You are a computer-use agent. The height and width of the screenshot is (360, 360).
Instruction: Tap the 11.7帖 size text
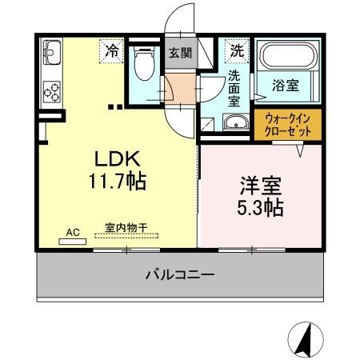[117, 182]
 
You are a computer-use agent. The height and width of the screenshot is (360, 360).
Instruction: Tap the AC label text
[73, 232]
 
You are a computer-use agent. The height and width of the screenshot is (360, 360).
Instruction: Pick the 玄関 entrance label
[179, 53]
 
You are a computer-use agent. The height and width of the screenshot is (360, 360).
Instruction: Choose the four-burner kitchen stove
[52, 91]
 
